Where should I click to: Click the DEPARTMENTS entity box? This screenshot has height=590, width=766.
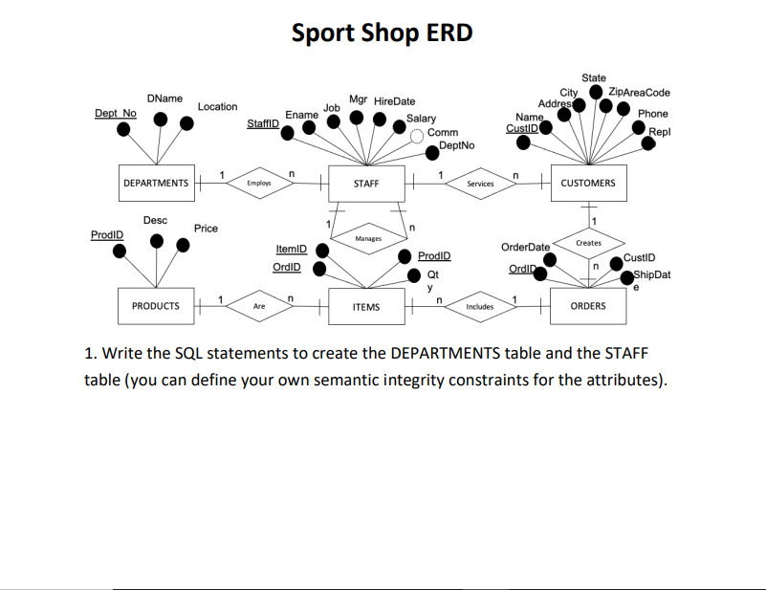[x=156, y=183]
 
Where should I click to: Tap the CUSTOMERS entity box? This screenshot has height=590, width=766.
[x=588, y=183]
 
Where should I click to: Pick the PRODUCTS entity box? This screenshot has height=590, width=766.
[x=155, y=306]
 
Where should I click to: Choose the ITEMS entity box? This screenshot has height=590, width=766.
[x=365, y=306]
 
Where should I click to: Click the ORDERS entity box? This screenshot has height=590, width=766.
[x=588, y=306]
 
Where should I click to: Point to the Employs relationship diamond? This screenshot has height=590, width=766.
[x=259, y=183]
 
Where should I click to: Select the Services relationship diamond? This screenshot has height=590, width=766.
[x=480, y=183]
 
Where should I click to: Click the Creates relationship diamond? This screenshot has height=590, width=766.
[x=589, y=243]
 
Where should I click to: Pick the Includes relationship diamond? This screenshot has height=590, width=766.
[x=480, y=306]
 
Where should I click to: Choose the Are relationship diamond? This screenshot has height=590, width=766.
[x=259, y=306]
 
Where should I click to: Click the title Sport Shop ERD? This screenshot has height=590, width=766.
[x=383, y=33]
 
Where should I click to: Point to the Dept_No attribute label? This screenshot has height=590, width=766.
[x=116, y=113]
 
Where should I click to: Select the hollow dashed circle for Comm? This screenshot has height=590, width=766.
[x=417, y=135]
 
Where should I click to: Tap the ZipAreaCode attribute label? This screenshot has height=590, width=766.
[x=640, y=93]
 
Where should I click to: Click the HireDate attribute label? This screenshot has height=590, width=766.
[x=394, y=100]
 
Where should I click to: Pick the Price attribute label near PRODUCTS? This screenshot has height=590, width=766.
[x=206, y=229]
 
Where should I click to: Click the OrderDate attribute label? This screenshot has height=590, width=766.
[x=525, y=247]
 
